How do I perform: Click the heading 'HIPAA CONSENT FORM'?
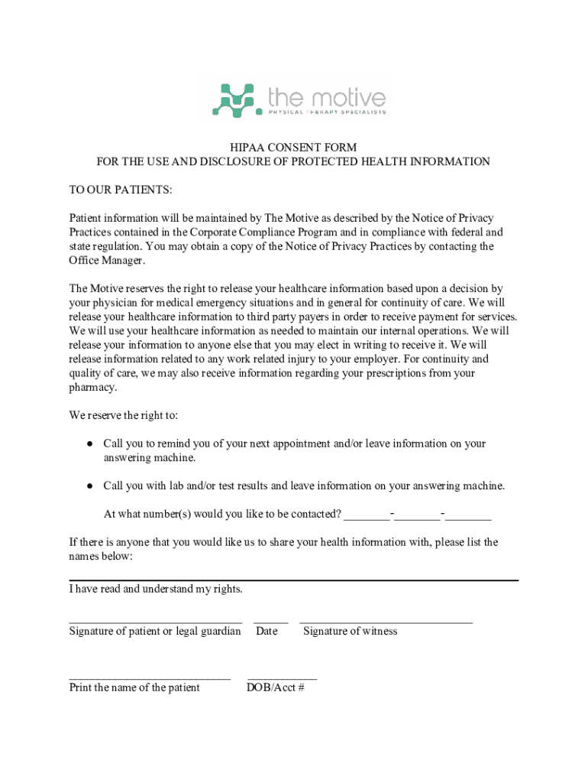pyautogui.click(x=294, y=148)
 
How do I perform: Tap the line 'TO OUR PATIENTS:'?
pyautogui.click(x=121, y=190)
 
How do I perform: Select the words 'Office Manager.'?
pyautogui.click(x=107, y=261)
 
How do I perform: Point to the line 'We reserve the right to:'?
pyautogui.click(x=124, y=416)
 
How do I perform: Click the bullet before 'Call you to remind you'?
pyautogui.click(x=89, y=443)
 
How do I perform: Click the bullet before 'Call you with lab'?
pyautogui.click(x=89, y=486)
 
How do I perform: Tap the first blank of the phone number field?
pyautogui.click(x=367, y=518)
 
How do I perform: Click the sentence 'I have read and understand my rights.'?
pyautogui.click(x=156, y=590)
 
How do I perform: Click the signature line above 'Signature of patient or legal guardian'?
pyautogui.click(x=156, y=622)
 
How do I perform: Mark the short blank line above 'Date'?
pyautogui.click(x=271, y=622)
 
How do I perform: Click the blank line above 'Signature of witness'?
pyautogui.click(x=386, y=622)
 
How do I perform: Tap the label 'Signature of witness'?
pyautogui.click(x=351, y=632)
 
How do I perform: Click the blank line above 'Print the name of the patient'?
pyautogui.click(x=150, y=678)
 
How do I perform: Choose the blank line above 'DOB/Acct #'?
pyautogui.click(x=282, y=678)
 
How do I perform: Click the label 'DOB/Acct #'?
pyautogui.click(x=276, y=688)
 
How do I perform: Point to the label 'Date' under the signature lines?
pyautogui.click(x=267, y=632)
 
